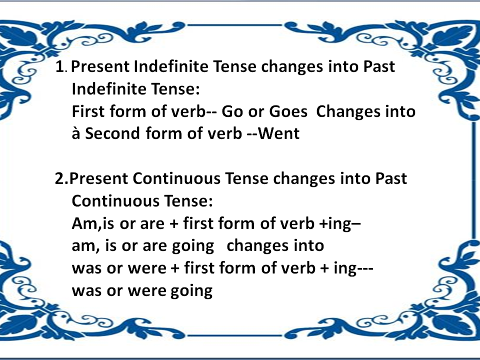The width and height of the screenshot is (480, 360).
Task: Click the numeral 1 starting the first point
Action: click(60, 67)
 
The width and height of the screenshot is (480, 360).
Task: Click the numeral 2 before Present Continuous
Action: click(59, 178)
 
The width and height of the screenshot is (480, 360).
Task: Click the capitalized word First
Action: click(89, 111)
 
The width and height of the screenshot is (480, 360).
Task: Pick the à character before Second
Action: click(76, 134)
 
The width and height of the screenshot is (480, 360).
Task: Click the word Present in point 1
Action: click(102, 67)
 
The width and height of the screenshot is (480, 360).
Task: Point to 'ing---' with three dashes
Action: click(356, 268)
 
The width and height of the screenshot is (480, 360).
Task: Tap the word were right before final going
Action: click(145, 290)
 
